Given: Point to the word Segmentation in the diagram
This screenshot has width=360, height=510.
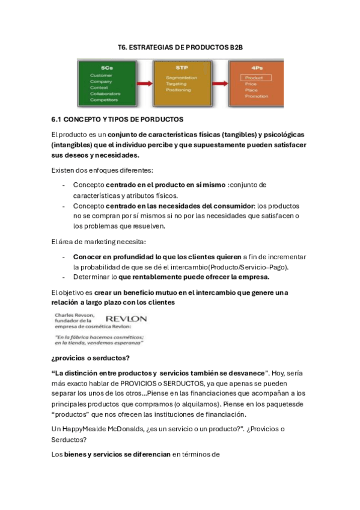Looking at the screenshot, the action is point(182,78).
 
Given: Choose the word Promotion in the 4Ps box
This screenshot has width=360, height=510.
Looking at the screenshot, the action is point(257,96).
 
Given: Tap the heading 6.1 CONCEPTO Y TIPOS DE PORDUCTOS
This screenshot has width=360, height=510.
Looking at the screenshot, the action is point(117,120).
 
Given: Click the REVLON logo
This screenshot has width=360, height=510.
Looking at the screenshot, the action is point(126,318).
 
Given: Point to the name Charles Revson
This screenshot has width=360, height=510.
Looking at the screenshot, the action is point(74,315).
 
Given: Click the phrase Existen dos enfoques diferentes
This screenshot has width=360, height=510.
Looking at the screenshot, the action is point(102,170).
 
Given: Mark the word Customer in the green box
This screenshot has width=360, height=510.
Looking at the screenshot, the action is point(101,75).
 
